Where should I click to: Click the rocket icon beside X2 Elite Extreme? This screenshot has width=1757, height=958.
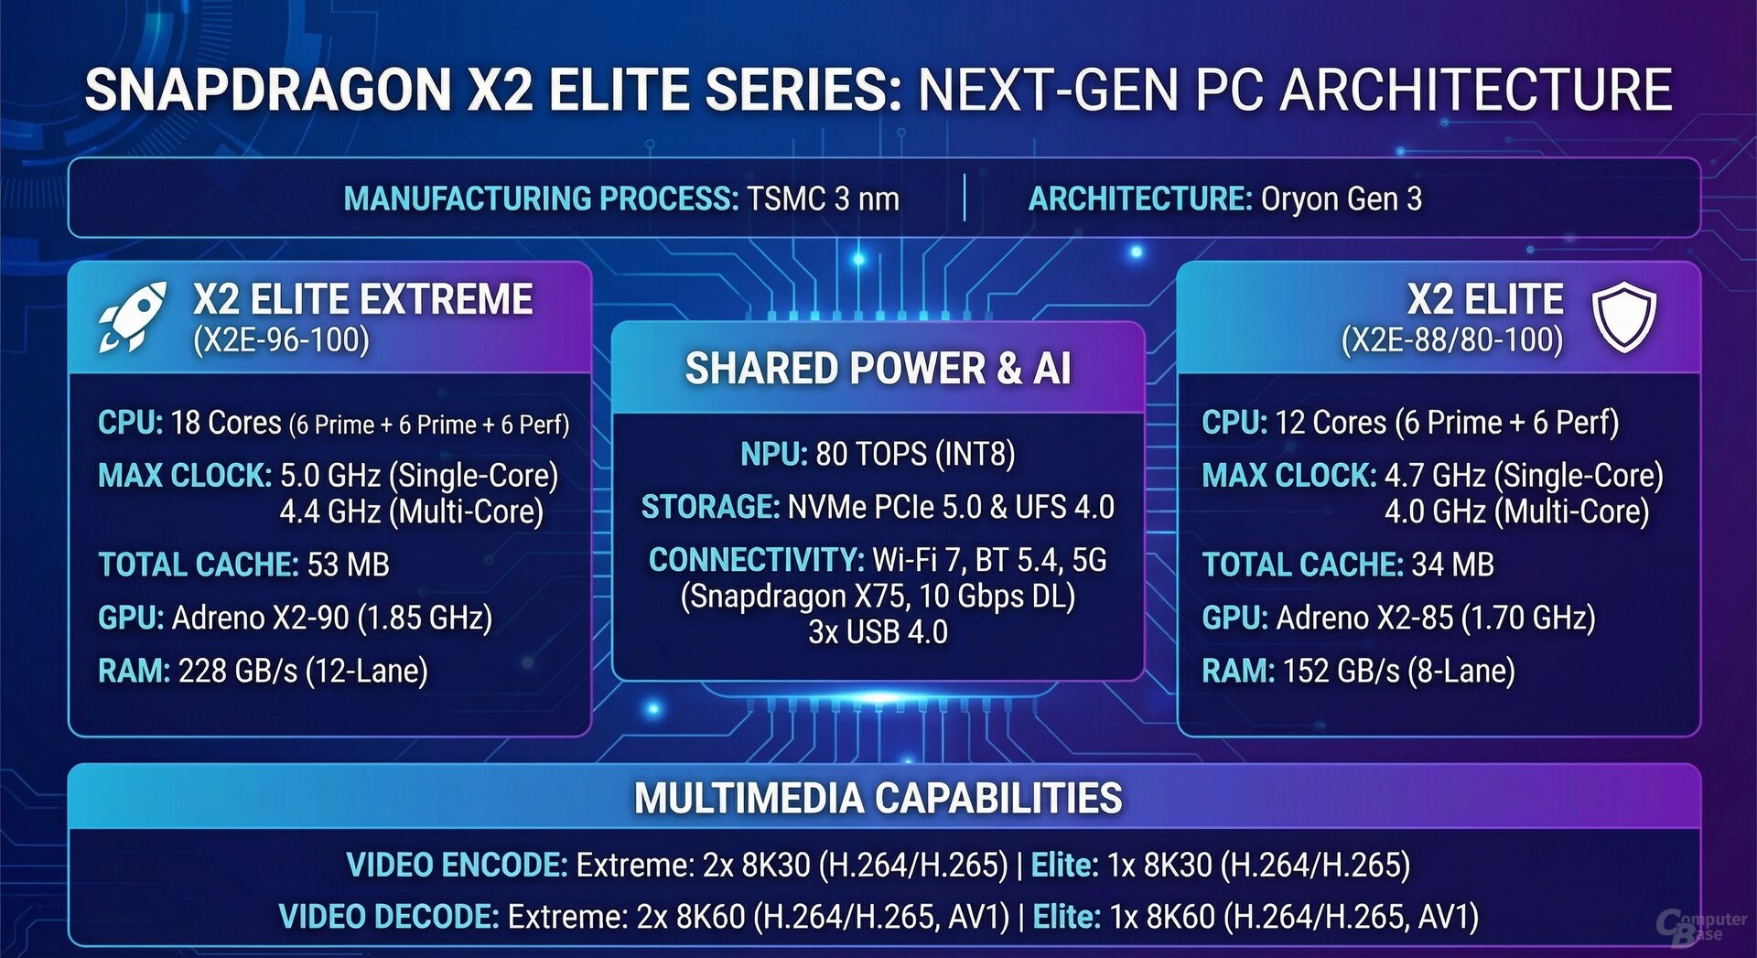133,317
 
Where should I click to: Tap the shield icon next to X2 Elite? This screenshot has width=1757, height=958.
1624,317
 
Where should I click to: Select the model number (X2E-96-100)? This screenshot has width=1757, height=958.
281,340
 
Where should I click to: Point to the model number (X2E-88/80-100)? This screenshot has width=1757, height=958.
1452,340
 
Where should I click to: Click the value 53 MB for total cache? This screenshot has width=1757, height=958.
349,565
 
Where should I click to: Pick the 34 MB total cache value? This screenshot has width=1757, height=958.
1453,565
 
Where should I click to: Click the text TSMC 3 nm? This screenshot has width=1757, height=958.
823,199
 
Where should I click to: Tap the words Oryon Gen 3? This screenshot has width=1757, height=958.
1342,199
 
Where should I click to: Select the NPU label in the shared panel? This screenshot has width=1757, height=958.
774,454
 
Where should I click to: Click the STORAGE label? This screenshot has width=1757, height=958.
710,507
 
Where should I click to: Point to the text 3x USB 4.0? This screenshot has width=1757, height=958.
878,632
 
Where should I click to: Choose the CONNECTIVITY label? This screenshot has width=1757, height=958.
757,560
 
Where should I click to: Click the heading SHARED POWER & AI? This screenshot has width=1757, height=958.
878,369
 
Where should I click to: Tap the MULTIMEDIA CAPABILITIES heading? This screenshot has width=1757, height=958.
878,798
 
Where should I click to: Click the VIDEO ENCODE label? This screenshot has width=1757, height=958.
458,865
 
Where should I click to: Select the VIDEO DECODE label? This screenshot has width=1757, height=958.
389,917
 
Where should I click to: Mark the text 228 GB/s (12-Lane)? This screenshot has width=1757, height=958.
304,672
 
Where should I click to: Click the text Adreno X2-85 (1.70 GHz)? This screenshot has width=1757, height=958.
1436,619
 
